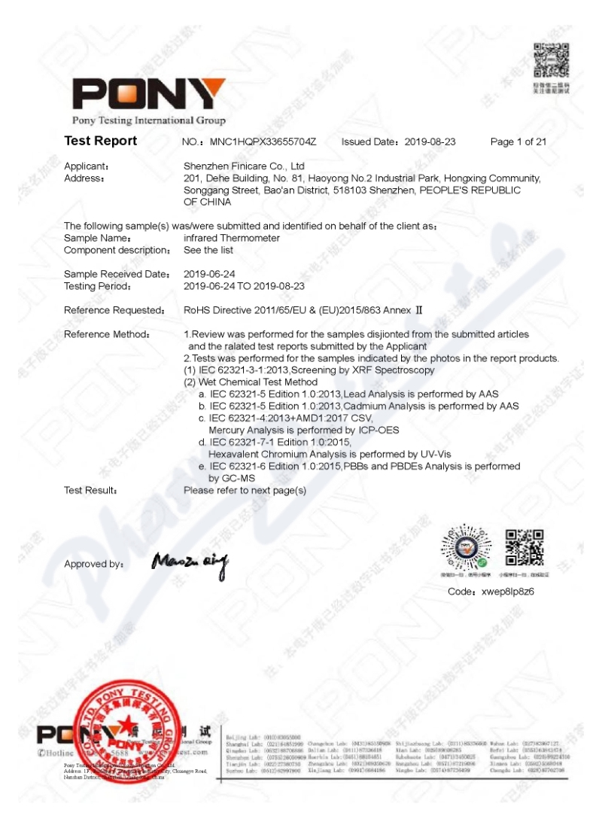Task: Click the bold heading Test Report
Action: click(x=100, y=141)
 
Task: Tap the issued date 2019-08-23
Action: click(x=430, y=142)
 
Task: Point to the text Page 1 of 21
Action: click(x=518, y=142)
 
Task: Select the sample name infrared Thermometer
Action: click(x=232, y=238)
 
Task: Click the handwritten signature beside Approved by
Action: click(x=189, y=561)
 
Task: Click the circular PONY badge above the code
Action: click(x=465, y=548)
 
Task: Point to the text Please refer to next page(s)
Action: click(x=245, y=490)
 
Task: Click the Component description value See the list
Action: click(x=208, y=250)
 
